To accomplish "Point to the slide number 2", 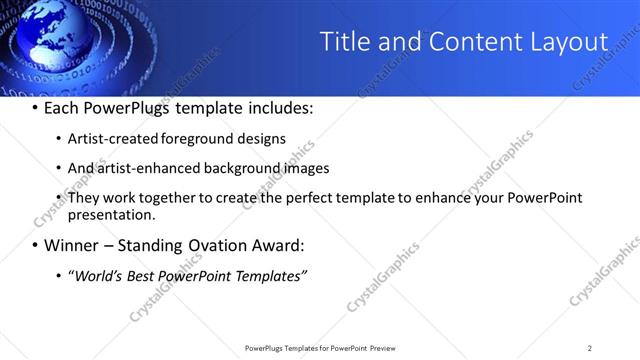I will [590, 348].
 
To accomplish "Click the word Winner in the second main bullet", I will [74, 245].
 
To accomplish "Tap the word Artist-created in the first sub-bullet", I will [110, 139].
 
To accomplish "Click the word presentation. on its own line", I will [111, 214].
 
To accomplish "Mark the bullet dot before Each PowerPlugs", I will [34, 106].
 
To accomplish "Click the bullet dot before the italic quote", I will [58, 275].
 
